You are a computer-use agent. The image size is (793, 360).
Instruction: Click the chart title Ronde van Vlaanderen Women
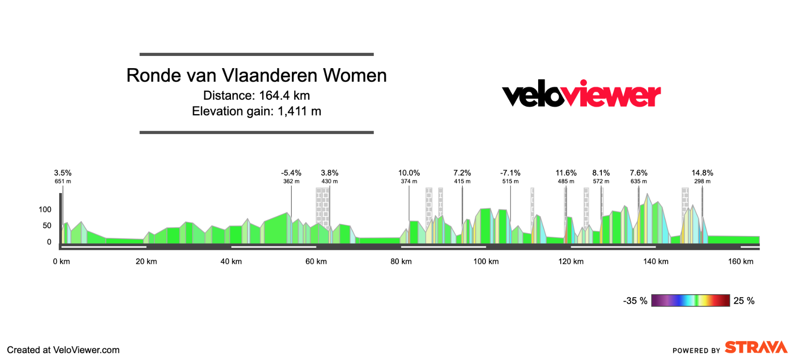click(x=256, y=76)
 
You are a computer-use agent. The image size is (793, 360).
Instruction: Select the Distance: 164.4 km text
click(x=256, y=96)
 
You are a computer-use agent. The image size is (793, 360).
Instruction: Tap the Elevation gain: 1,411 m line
click(x=256, y=111)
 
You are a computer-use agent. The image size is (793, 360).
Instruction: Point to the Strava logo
click(x=756, y=347)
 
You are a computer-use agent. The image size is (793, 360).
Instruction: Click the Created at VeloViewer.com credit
click(x=63, y=350)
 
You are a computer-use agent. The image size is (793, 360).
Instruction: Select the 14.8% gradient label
click(x=702, y=173)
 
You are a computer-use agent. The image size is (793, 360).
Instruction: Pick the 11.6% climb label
click(x=566, y=173)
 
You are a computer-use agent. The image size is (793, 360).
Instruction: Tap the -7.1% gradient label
click(x=510, y=173)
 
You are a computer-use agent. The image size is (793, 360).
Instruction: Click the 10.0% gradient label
click(x=409, y=173)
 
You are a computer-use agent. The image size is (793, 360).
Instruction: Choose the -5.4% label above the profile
click(x=291, y=173)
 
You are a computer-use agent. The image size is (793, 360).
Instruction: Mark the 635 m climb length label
click(x=638, y=181)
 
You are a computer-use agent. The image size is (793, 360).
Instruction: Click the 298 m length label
click(x=702, y=181)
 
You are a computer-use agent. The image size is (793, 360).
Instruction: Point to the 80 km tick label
click(x=401, y=262)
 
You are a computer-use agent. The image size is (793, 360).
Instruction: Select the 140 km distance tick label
click(x=655, y=262)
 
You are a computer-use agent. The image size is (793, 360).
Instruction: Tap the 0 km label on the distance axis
click(x=61, y=262)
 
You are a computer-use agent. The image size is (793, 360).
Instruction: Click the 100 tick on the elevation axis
click(x=45, y=209)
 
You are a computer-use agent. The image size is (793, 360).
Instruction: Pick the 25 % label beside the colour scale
click(x=744, y=301)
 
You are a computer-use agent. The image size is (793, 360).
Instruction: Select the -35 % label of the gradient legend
click(x=635, y=301)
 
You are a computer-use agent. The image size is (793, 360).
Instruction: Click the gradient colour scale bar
click(x=690, y=300)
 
